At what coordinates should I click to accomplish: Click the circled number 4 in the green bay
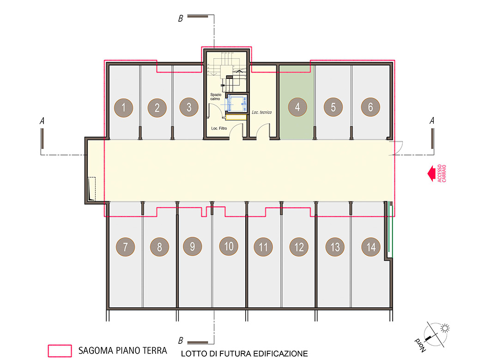pos(297,107)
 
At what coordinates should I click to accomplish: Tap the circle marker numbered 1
pos(124,108)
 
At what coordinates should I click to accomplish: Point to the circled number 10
pos(229,246)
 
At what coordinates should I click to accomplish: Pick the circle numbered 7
pos(125,246)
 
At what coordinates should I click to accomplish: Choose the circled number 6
pos(370,107)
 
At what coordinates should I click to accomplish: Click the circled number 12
pos(299,246)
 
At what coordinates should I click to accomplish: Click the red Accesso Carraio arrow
pos(431,174)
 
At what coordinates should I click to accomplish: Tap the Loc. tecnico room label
pos(262,112)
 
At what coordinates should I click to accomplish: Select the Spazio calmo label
pos(216,96)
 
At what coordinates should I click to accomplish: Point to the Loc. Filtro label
pos(219,128)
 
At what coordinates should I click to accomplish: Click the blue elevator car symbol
pos(236,103)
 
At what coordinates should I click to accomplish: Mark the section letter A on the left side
pos(42,120)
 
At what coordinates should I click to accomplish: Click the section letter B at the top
pos(180,18)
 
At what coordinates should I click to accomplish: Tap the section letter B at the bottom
pos(180,340)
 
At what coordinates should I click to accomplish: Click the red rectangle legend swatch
pos(60,351)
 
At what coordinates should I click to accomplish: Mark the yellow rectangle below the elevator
pos(236,117)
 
